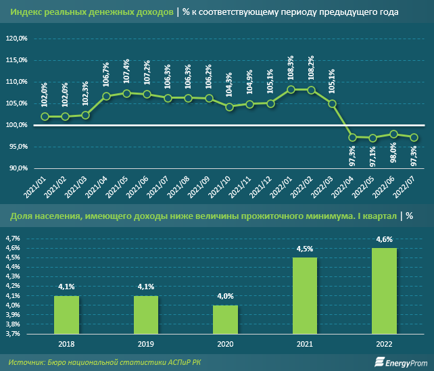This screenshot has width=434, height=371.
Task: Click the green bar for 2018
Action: coord(66,314)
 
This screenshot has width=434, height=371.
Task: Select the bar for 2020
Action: coord(226,319)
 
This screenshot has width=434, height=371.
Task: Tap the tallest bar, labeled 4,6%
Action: coord(385,291)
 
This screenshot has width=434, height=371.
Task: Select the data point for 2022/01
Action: coord(291,89)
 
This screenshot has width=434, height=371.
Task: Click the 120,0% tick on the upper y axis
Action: coord(16,39)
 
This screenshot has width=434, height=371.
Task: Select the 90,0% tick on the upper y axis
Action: coord(17,168)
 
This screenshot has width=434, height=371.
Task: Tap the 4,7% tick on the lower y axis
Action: coord(13,239)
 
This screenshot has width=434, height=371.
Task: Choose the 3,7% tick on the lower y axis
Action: coord(13,333)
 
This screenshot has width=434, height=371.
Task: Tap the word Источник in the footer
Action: coord(28,362)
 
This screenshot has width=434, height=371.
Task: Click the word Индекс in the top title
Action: coord(25,12)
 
